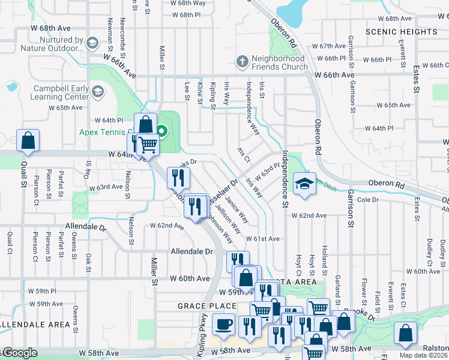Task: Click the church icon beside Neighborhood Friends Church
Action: [x=242, y=61]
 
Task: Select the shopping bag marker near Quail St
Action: [x=28, y=140]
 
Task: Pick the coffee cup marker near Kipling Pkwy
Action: [x=224, y=325]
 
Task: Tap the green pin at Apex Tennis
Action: [x=161, y=130]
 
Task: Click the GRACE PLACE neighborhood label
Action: [x=199, y=306]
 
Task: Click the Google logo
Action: [x=19, y=353]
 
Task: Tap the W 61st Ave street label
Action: [x=262, y=239]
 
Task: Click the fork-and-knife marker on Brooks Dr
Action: [x=178, y=177]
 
